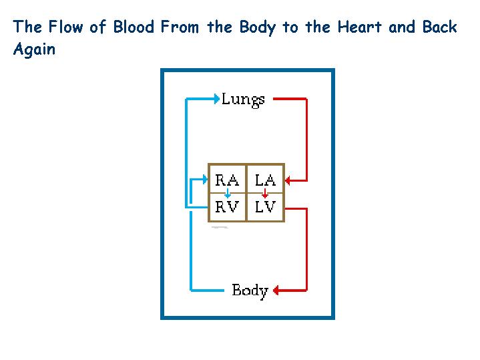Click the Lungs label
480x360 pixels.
pos(243,100)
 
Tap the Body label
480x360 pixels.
pos(250,291)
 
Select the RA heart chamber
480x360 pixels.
pos(227,180)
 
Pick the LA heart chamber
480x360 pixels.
pos(266,180)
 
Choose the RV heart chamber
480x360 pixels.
pos(227,207)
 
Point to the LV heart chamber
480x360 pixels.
pos(266,207)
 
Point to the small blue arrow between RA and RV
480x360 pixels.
pos(228,193)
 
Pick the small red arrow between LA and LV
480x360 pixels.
pos(265,193)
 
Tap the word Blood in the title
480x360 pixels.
pos(135,27)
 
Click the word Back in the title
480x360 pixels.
pos(439,27)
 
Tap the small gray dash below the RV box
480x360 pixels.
pos(220,228)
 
